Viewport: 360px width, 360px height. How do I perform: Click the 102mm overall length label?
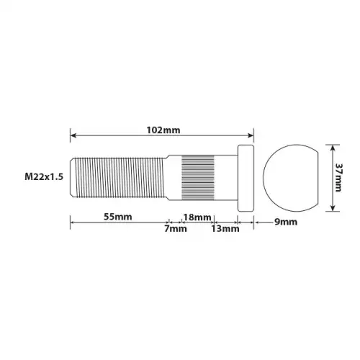coord(163,130)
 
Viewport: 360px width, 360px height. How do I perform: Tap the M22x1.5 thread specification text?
coord(44,177)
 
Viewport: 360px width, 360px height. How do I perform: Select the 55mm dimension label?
coord(117,217)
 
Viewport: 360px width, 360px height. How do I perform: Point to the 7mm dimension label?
coord(176,228)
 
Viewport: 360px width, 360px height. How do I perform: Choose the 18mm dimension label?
coord(197,217)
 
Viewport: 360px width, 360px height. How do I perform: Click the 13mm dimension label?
coord(225,228)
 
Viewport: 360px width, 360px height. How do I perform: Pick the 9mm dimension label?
coord(286,222)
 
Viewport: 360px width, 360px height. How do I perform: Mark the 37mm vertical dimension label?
coord(338,178)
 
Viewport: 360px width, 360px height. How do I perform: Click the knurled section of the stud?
coord(198,178)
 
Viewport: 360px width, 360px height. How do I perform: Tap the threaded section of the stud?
coord(120,178)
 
